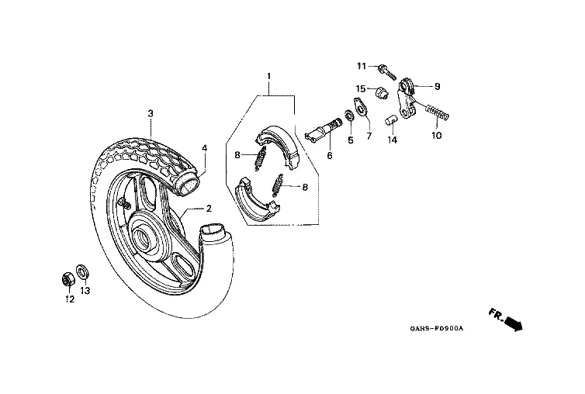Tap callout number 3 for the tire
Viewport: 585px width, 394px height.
tap(151, 113)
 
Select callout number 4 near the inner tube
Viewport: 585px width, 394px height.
tap(205, 147)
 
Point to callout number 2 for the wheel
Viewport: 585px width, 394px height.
tap(208, 209)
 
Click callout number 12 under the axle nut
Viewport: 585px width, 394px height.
tap(69, 299)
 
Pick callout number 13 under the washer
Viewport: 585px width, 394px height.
tap(86, 291)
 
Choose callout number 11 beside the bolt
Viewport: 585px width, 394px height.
tap(361, 65)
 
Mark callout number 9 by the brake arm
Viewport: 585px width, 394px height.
tap(437, 86)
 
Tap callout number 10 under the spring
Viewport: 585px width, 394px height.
tap(436, 135)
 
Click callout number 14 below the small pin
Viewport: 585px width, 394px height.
tap(393, 140)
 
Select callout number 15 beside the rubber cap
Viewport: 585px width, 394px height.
tap(361, 88)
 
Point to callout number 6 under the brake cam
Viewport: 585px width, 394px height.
tap(329, 155)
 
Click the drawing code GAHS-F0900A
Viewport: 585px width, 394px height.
tap(437, 328)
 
